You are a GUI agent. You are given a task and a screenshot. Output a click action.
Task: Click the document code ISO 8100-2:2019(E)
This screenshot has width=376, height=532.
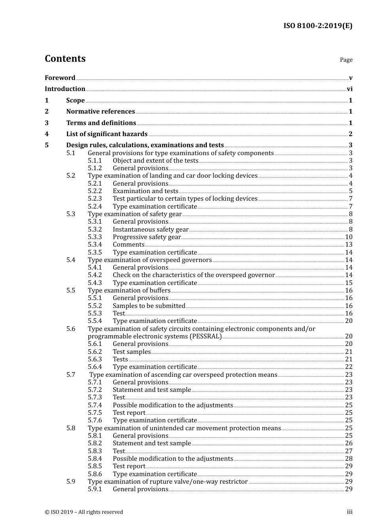point(317,26)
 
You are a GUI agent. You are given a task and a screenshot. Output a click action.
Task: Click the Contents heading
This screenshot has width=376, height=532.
point(65,59)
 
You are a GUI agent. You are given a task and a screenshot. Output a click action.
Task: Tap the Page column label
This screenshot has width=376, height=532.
point(346,60)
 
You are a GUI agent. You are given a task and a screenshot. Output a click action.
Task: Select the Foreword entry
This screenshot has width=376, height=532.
point(60,78)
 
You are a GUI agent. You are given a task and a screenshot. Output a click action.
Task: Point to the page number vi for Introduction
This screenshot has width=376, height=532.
point(349,89)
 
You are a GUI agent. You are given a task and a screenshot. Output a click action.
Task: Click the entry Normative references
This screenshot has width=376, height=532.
point(101,112)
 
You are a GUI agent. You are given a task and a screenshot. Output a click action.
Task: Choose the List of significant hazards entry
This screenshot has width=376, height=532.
point(107,134)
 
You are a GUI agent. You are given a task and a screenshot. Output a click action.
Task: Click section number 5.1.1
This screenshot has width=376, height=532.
point(95,161)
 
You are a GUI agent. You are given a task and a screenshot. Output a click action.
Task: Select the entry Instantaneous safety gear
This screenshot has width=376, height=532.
point(150,230)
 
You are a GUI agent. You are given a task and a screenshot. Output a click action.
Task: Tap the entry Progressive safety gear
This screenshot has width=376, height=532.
point(146,237)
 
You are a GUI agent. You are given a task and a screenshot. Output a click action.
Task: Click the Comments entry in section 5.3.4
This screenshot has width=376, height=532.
point(128,245)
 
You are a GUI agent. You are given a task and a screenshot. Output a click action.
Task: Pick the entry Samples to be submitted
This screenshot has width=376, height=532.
point(149,306)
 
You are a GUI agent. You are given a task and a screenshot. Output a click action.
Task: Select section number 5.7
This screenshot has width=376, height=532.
point(70,375)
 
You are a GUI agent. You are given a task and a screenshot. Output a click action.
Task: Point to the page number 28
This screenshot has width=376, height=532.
point(349,459)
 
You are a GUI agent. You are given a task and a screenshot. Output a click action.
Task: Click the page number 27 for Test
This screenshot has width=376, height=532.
point(349,451)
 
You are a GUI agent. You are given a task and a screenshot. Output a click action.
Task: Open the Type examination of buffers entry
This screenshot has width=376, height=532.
point(129,291)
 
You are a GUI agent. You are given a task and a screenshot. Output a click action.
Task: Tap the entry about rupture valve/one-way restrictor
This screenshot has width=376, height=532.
point(167,482)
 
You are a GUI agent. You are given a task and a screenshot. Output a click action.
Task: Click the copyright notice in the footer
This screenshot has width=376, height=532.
point(84,512)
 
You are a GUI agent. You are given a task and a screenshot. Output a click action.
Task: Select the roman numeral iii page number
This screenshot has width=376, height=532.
point(349,512)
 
